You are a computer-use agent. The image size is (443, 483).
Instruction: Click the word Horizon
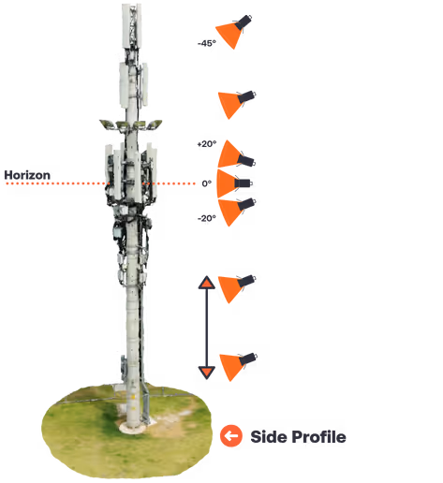(x=27, y=175)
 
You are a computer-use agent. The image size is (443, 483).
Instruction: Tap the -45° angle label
(x=207, y=43)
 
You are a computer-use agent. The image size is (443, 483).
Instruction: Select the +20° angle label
(x=207, y=144)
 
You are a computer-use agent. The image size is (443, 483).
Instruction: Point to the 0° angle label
(x=207, y=183)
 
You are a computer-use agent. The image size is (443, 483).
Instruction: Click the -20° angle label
(x=207, y=218)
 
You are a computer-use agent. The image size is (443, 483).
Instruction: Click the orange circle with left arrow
(x=231, y=436)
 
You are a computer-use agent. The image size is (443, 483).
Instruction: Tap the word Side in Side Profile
(x=268, y=436)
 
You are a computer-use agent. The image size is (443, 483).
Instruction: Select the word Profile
(x=318, y=436)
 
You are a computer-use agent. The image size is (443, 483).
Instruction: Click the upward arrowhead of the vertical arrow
(x=207, y=283)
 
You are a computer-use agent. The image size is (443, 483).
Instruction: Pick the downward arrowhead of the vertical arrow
(x=207, y=373)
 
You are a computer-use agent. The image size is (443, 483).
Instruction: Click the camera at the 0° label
(x=243, y=183)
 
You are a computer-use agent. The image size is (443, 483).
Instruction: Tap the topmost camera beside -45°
(x=244, y=22)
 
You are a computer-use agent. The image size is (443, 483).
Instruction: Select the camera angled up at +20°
(x=246, y=160)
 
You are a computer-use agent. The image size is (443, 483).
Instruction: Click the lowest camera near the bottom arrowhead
(x=248, y=359)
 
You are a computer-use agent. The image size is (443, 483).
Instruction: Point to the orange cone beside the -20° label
(x=230, y=212)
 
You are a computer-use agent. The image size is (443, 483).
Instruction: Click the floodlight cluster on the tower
(x=130, y=124)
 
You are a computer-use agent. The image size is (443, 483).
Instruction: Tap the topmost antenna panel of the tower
(x=131, y=26)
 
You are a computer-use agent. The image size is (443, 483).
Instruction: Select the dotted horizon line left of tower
(x=56, y=183)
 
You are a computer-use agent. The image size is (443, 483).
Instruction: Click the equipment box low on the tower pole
(x=124, y=368)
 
